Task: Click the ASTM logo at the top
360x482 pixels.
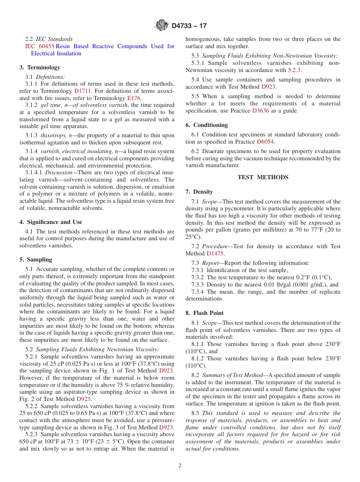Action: pyautogui.click(x=162, y=25)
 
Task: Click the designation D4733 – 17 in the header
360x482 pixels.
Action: pyautogui.click(x=189, y=26)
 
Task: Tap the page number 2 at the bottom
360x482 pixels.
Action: pyautogui.click(x=180, y=466)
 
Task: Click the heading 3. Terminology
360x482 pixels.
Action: pyautogui.click(x=40, y=67)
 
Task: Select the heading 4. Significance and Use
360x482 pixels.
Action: pyautogui.click(x=51, y=222)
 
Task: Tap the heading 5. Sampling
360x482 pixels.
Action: pyautogui.click(x=36, y=260)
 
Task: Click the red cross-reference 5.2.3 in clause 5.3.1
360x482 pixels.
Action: pyautogui.click(x=294, y=70)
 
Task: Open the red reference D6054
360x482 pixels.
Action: pyautogui.click(x=265, y=142)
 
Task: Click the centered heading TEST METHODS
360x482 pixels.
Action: pyautogui.click(x=263, y=177)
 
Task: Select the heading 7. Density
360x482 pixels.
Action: pyautogui.click(x=199, y=192)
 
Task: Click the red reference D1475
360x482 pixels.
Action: pyautogui.click(x=215, y=254)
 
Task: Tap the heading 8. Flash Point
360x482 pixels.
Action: pyautogui.click(x=204, y=313)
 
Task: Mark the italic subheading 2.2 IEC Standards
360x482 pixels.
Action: pyautogui.click(x=49, y=39)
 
